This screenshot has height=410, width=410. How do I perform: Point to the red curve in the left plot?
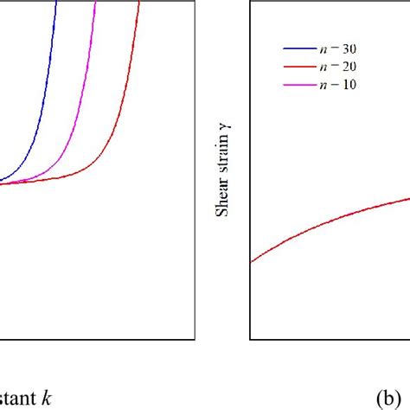[121, 130]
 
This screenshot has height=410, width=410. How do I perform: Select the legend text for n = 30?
[338, 49]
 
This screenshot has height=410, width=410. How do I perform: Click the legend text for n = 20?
[338, 67]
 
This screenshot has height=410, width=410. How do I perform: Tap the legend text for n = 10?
[338, 84]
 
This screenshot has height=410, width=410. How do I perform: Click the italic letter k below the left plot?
[48, 397]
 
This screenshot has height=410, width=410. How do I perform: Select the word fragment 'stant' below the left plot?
[19, 397]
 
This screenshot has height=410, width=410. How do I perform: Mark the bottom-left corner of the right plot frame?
[250, 338]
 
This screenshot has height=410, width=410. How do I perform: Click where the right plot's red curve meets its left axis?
[251, 262]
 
